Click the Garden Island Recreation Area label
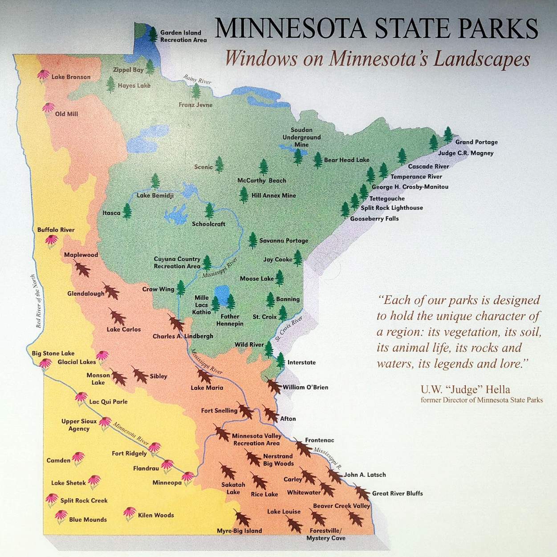pos(183,36)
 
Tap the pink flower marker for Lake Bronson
pos(43,75)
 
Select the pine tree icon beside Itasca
pos(127,211)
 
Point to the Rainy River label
pos(197,80)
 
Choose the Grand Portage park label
pos(476,142)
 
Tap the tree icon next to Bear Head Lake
pos(317,160)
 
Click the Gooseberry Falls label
pos(374,218)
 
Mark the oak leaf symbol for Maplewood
pos(82,268)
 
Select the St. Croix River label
pos(289,329)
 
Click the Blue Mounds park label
pos(88,520)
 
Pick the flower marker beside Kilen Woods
pos(130,513)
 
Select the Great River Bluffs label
pos(398,493)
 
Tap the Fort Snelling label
pos(219,410)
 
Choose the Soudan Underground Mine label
pos(301,137)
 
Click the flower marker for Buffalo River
pos(52,241)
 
